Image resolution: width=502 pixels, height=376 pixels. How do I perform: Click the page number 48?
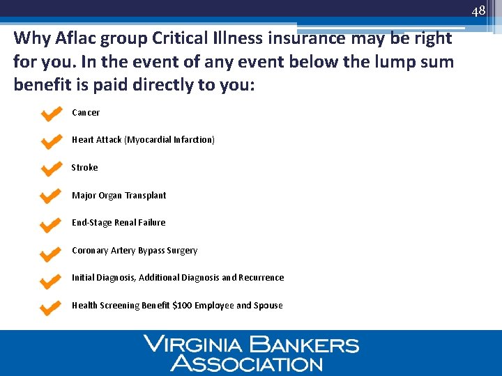(478, 11)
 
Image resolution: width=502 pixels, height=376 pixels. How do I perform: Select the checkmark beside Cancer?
(52, 113)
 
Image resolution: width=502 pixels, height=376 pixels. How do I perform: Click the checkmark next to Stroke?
(52, 169)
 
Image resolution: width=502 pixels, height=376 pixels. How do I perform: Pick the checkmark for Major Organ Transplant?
(52, 196)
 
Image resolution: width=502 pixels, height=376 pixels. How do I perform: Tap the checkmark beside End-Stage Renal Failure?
(52, 224)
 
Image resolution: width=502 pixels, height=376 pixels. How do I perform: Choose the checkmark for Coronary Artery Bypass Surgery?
(52, 251)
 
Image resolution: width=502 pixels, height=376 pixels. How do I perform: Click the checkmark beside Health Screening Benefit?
(52, 306)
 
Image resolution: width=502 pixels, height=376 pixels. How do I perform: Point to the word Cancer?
(86, 113)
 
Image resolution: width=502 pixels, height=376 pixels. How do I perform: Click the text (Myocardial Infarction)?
(169, 140)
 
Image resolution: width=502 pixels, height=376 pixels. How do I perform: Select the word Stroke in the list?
(85, 168)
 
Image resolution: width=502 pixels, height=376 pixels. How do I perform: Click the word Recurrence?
(261, 278)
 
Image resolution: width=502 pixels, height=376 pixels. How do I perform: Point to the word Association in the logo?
(247, 363)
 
